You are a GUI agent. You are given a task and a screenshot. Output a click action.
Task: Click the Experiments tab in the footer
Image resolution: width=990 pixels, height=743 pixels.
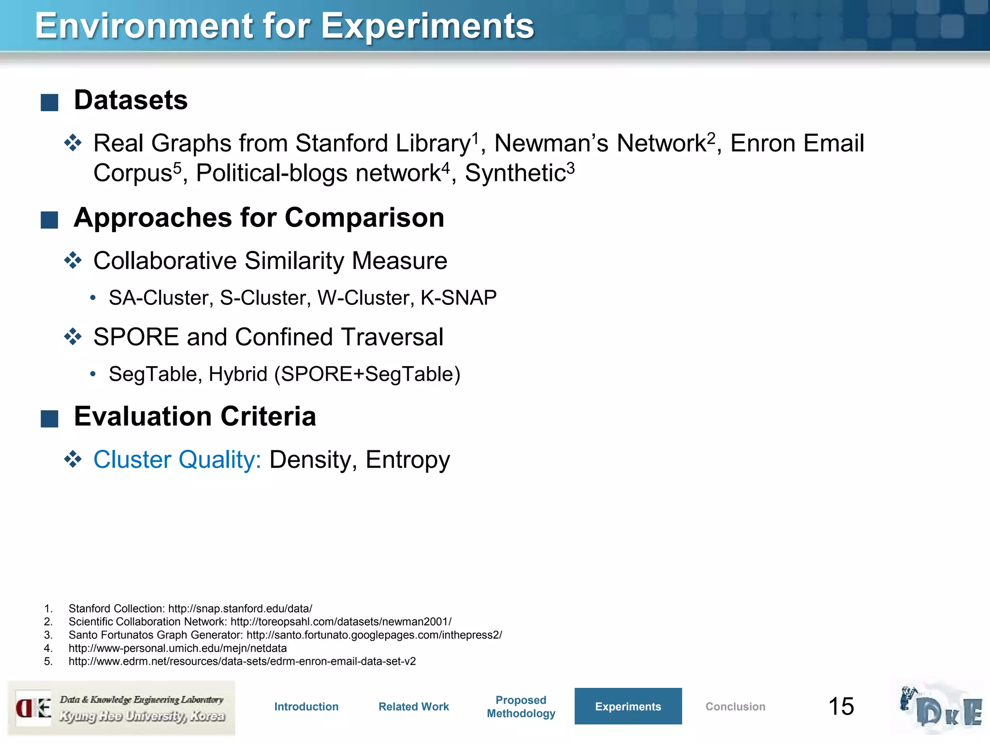point(628,706)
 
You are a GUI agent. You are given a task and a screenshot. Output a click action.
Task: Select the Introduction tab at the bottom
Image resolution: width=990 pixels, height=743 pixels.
point(306,707)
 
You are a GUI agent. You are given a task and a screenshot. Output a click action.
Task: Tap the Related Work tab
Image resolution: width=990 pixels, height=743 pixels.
point(414,707)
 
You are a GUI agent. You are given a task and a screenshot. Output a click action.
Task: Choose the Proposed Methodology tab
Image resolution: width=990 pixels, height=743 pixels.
point(521,707)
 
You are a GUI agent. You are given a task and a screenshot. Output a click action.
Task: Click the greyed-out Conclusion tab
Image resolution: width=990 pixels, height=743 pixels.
point(735,707)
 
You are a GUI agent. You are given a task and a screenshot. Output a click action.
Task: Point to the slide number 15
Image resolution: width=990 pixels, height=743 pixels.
point(841,707)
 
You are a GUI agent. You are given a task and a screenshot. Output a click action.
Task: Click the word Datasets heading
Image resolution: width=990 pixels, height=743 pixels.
point(131,100)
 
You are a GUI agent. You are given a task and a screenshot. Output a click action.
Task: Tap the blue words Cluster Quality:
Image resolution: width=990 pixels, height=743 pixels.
point(177,460)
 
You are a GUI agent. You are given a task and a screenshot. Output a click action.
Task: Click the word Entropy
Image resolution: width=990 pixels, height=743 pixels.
point(408,460)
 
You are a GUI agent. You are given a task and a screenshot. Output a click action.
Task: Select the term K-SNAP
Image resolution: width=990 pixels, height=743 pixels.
point(458,298)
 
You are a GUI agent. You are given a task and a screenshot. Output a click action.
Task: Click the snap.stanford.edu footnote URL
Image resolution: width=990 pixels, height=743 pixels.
point(240,609)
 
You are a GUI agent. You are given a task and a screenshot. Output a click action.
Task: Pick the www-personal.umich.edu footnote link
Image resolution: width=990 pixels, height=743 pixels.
point(177,648)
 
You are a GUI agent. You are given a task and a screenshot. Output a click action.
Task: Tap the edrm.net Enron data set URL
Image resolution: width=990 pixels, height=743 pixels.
point(242,661)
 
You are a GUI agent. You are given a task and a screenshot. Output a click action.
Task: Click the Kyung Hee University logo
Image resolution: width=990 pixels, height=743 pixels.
point(121,708)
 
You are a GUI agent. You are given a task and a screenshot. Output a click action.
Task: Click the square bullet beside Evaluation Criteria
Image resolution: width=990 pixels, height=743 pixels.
point(49,418)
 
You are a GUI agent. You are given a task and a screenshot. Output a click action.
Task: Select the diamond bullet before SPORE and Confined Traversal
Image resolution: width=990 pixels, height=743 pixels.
point(73,337)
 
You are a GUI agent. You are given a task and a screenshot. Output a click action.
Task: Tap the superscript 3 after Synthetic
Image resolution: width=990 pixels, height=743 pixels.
point(570,167)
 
